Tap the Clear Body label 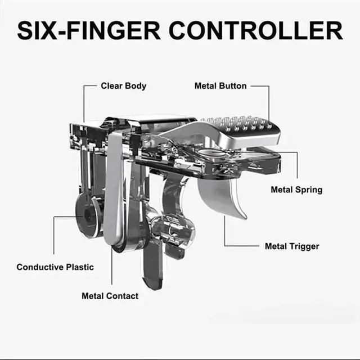[123, 86]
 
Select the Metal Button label [220, 86]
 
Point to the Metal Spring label [296, 190]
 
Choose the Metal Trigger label [292, 246]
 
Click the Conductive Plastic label [55, 267]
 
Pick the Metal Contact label [110, 295]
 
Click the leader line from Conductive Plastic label [55, 236]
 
